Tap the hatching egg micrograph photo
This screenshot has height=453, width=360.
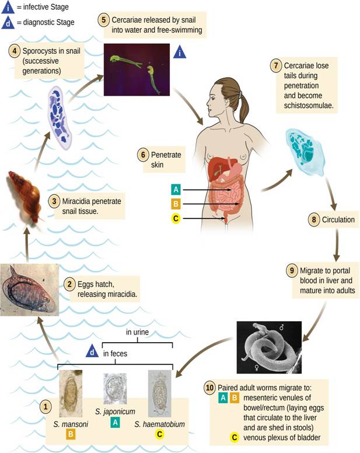[x=29, y=290]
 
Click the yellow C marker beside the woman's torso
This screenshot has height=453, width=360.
[x=176, y=219]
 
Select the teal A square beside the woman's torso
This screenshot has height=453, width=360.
[x=176, y=190]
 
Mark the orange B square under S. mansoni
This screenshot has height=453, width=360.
[x=70, y=434]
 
